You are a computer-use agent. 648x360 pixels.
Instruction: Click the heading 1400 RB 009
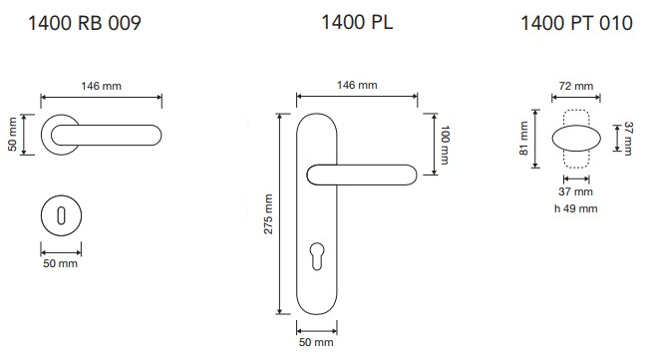[x=85, y=23]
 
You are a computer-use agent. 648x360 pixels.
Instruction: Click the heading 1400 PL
[x=357, y=22]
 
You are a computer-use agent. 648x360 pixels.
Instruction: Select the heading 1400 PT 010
[x=576, y=23]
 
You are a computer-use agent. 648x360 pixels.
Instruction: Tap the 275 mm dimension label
[x=268, y=214]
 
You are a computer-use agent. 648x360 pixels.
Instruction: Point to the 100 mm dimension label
[x=445, y=145]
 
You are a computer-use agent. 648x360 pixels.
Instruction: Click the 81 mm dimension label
[x=524, y=138]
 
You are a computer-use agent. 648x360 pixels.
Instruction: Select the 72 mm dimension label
[x=576, y=86]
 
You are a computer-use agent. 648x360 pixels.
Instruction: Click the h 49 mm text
[x=575, y=208]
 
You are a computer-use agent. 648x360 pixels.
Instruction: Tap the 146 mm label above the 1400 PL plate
[x=357, y=85]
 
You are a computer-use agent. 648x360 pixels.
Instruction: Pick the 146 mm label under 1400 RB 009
[x=102, y=86]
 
